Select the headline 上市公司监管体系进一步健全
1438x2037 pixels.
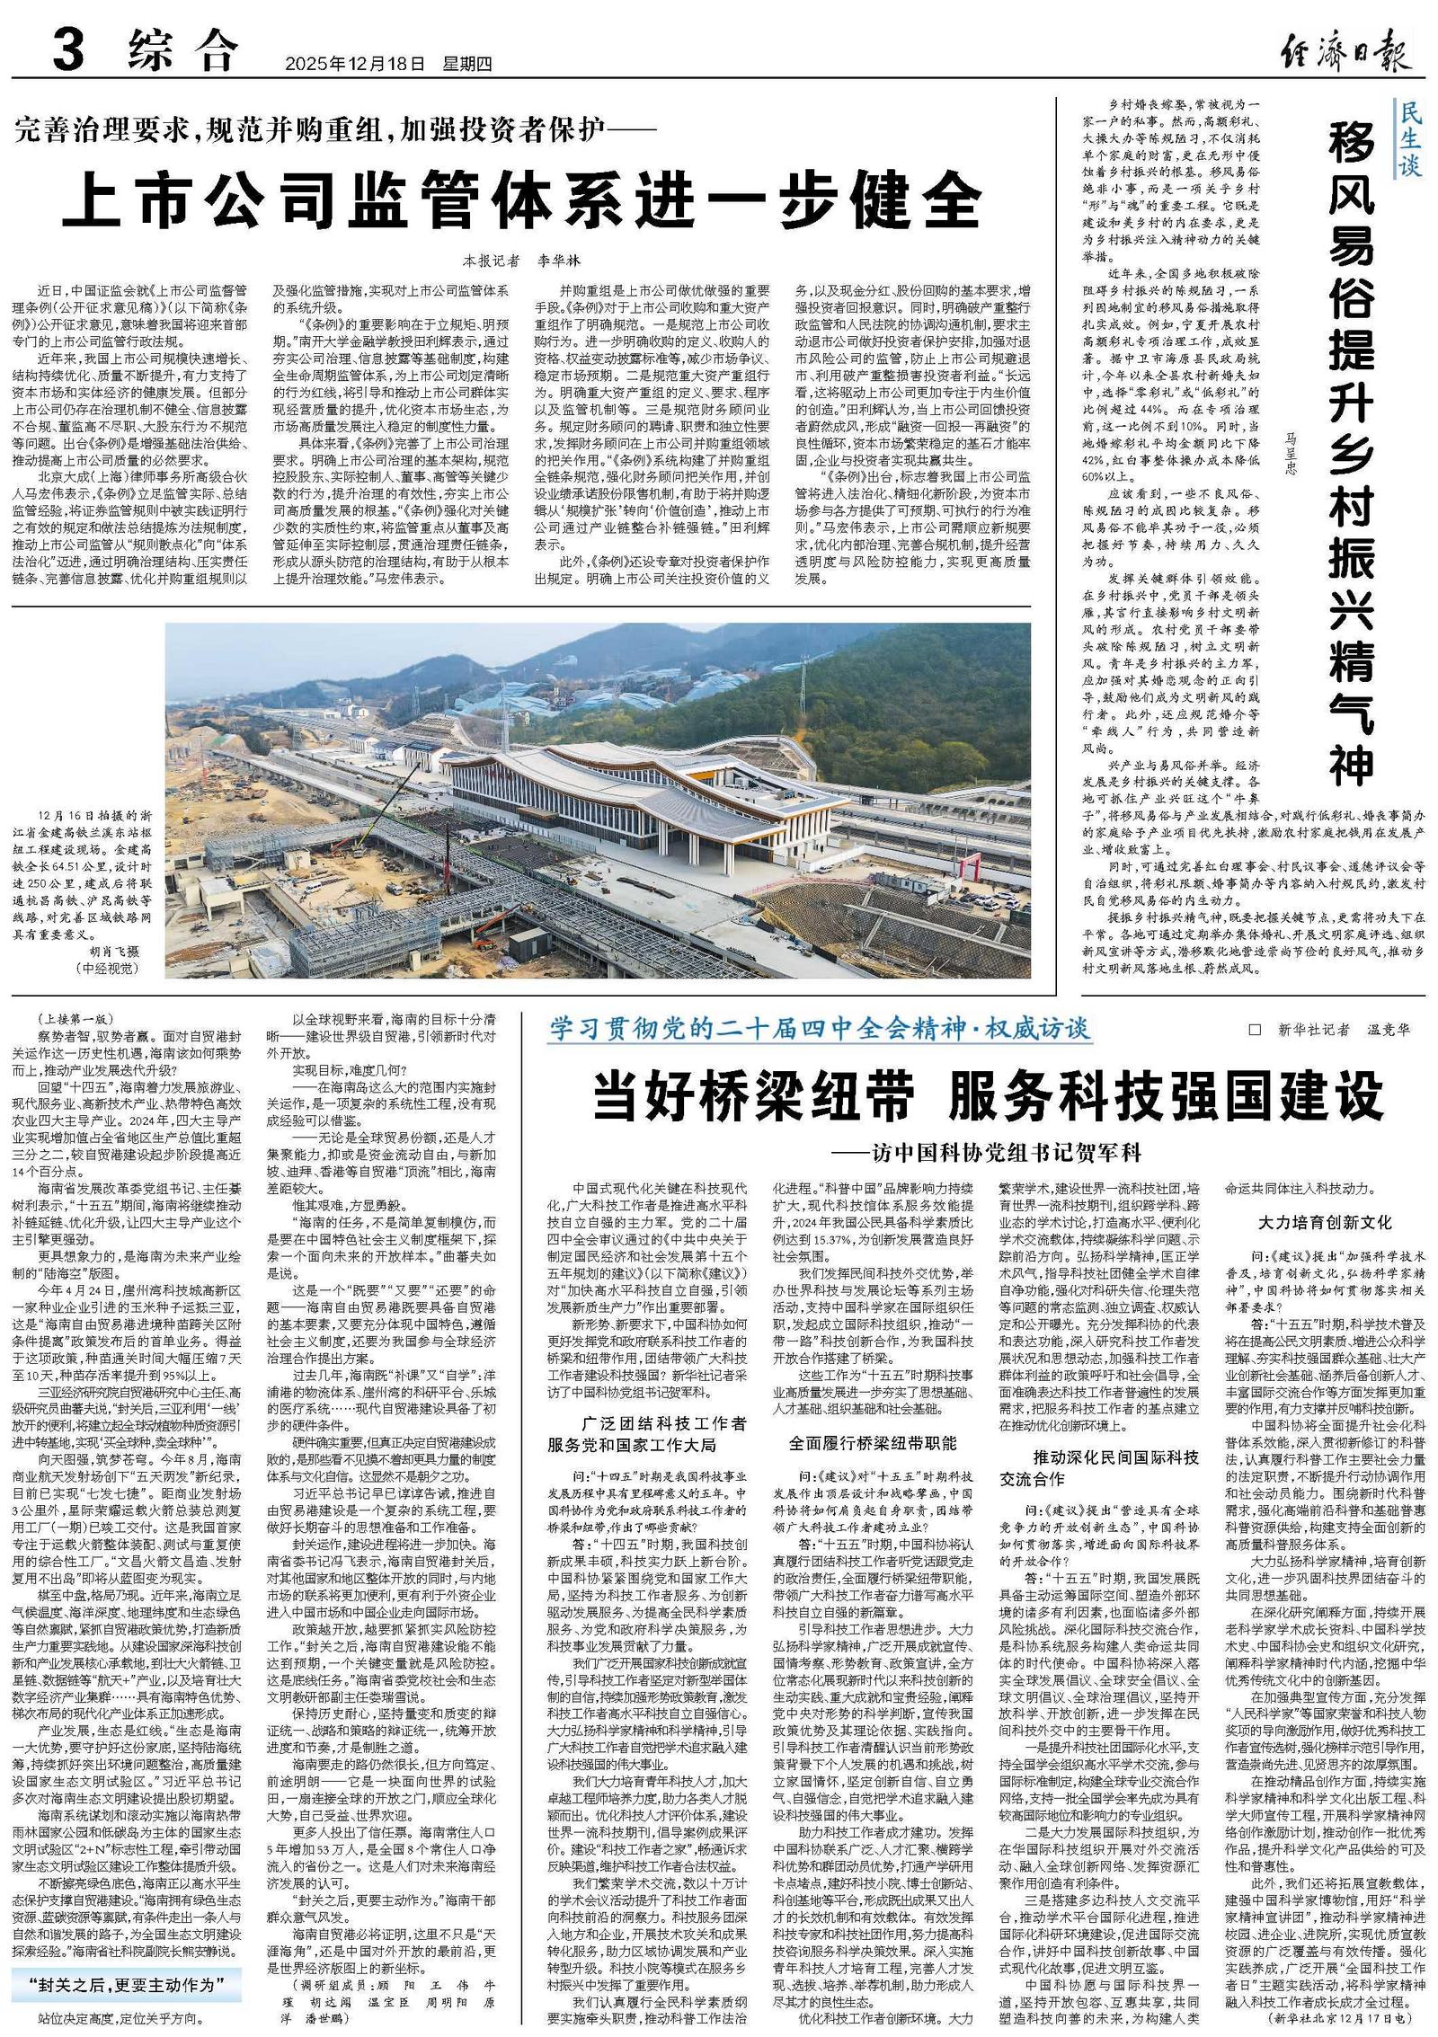click(521, 199)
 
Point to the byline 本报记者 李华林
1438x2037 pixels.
click(521, 261)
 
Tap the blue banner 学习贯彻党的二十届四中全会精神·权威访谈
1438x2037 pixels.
click(821, 1029)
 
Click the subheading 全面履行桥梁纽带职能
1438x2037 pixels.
click(873, 1443)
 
